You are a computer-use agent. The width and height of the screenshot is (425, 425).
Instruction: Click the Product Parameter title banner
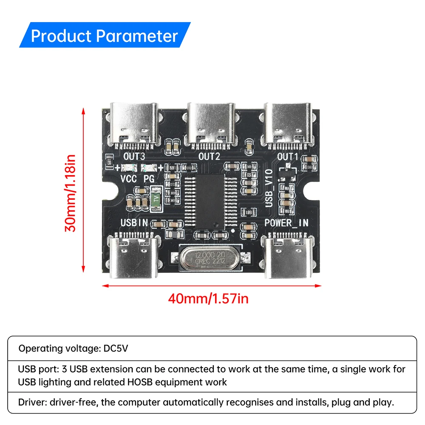pos(104,36)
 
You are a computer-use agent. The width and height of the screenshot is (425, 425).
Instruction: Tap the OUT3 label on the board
pos(133,156)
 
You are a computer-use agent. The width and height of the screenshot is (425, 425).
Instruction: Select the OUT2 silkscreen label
pos(210,156)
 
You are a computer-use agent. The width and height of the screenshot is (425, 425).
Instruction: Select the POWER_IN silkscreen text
pos(286,223)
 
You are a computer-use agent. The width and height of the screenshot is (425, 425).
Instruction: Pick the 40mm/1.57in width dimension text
pos(208,299)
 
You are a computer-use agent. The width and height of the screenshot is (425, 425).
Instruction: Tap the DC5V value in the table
pos(116,348)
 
